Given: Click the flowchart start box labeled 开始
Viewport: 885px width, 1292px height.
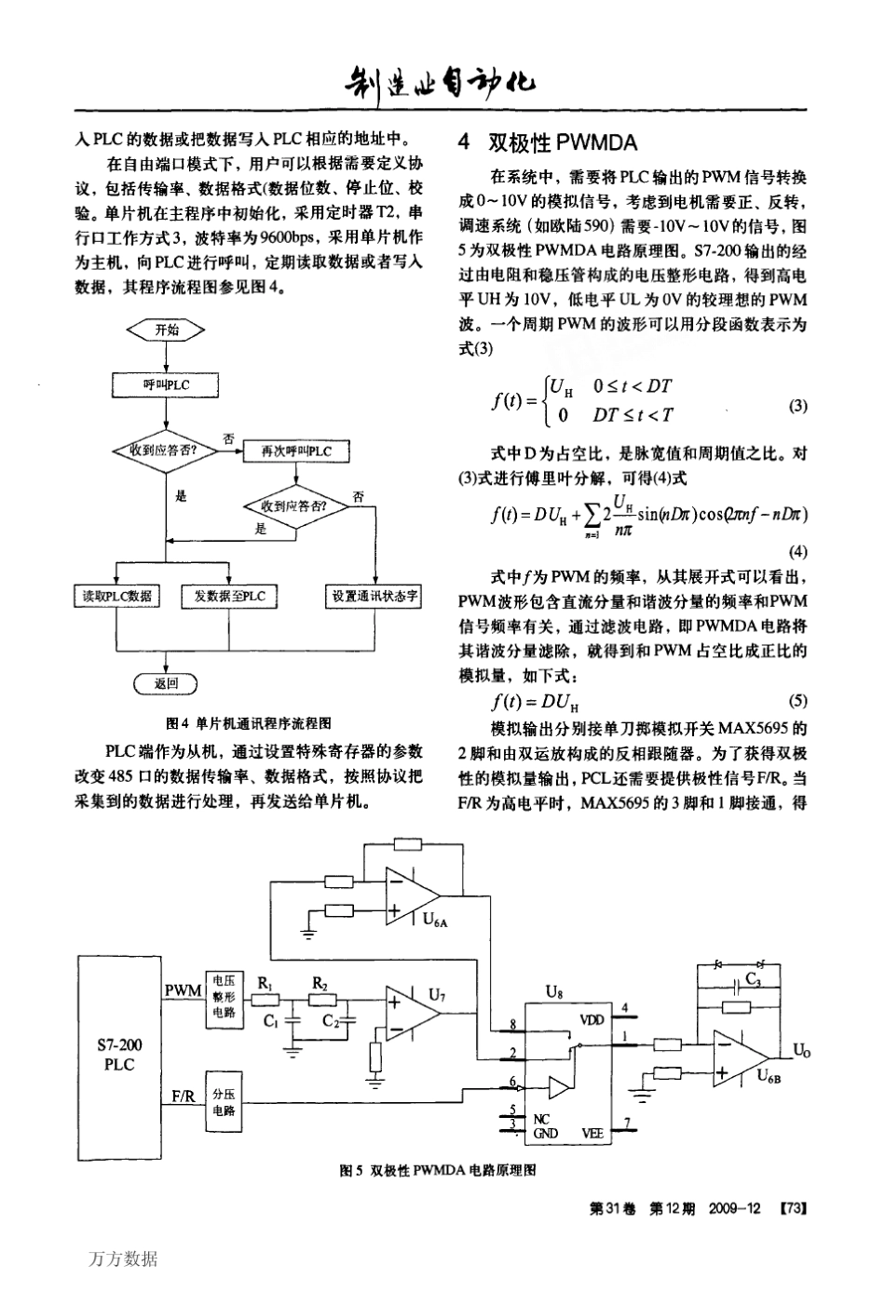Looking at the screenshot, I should coord(166,330).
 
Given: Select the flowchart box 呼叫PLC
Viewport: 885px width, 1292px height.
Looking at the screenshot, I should coord(166,384).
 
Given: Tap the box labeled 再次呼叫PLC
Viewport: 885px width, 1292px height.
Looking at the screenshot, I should coord(295,451).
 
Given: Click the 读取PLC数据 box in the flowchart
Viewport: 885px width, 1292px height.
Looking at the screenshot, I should coord(115,596).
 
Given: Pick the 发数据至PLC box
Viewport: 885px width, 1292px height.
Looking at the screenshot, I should coord(229,596).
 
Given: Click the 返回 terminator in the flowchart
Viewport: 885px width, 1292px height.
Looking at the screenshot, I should coord(166,684).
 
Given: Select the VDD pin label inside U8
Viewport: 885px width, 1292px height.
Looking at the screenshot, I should coord(591,1019).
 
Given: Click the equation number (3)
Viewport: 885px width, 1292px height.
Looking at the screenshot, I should coord(798,406).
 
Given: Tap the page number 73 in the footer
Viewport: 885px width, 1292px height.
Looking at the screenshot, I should coord(793,1208).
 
